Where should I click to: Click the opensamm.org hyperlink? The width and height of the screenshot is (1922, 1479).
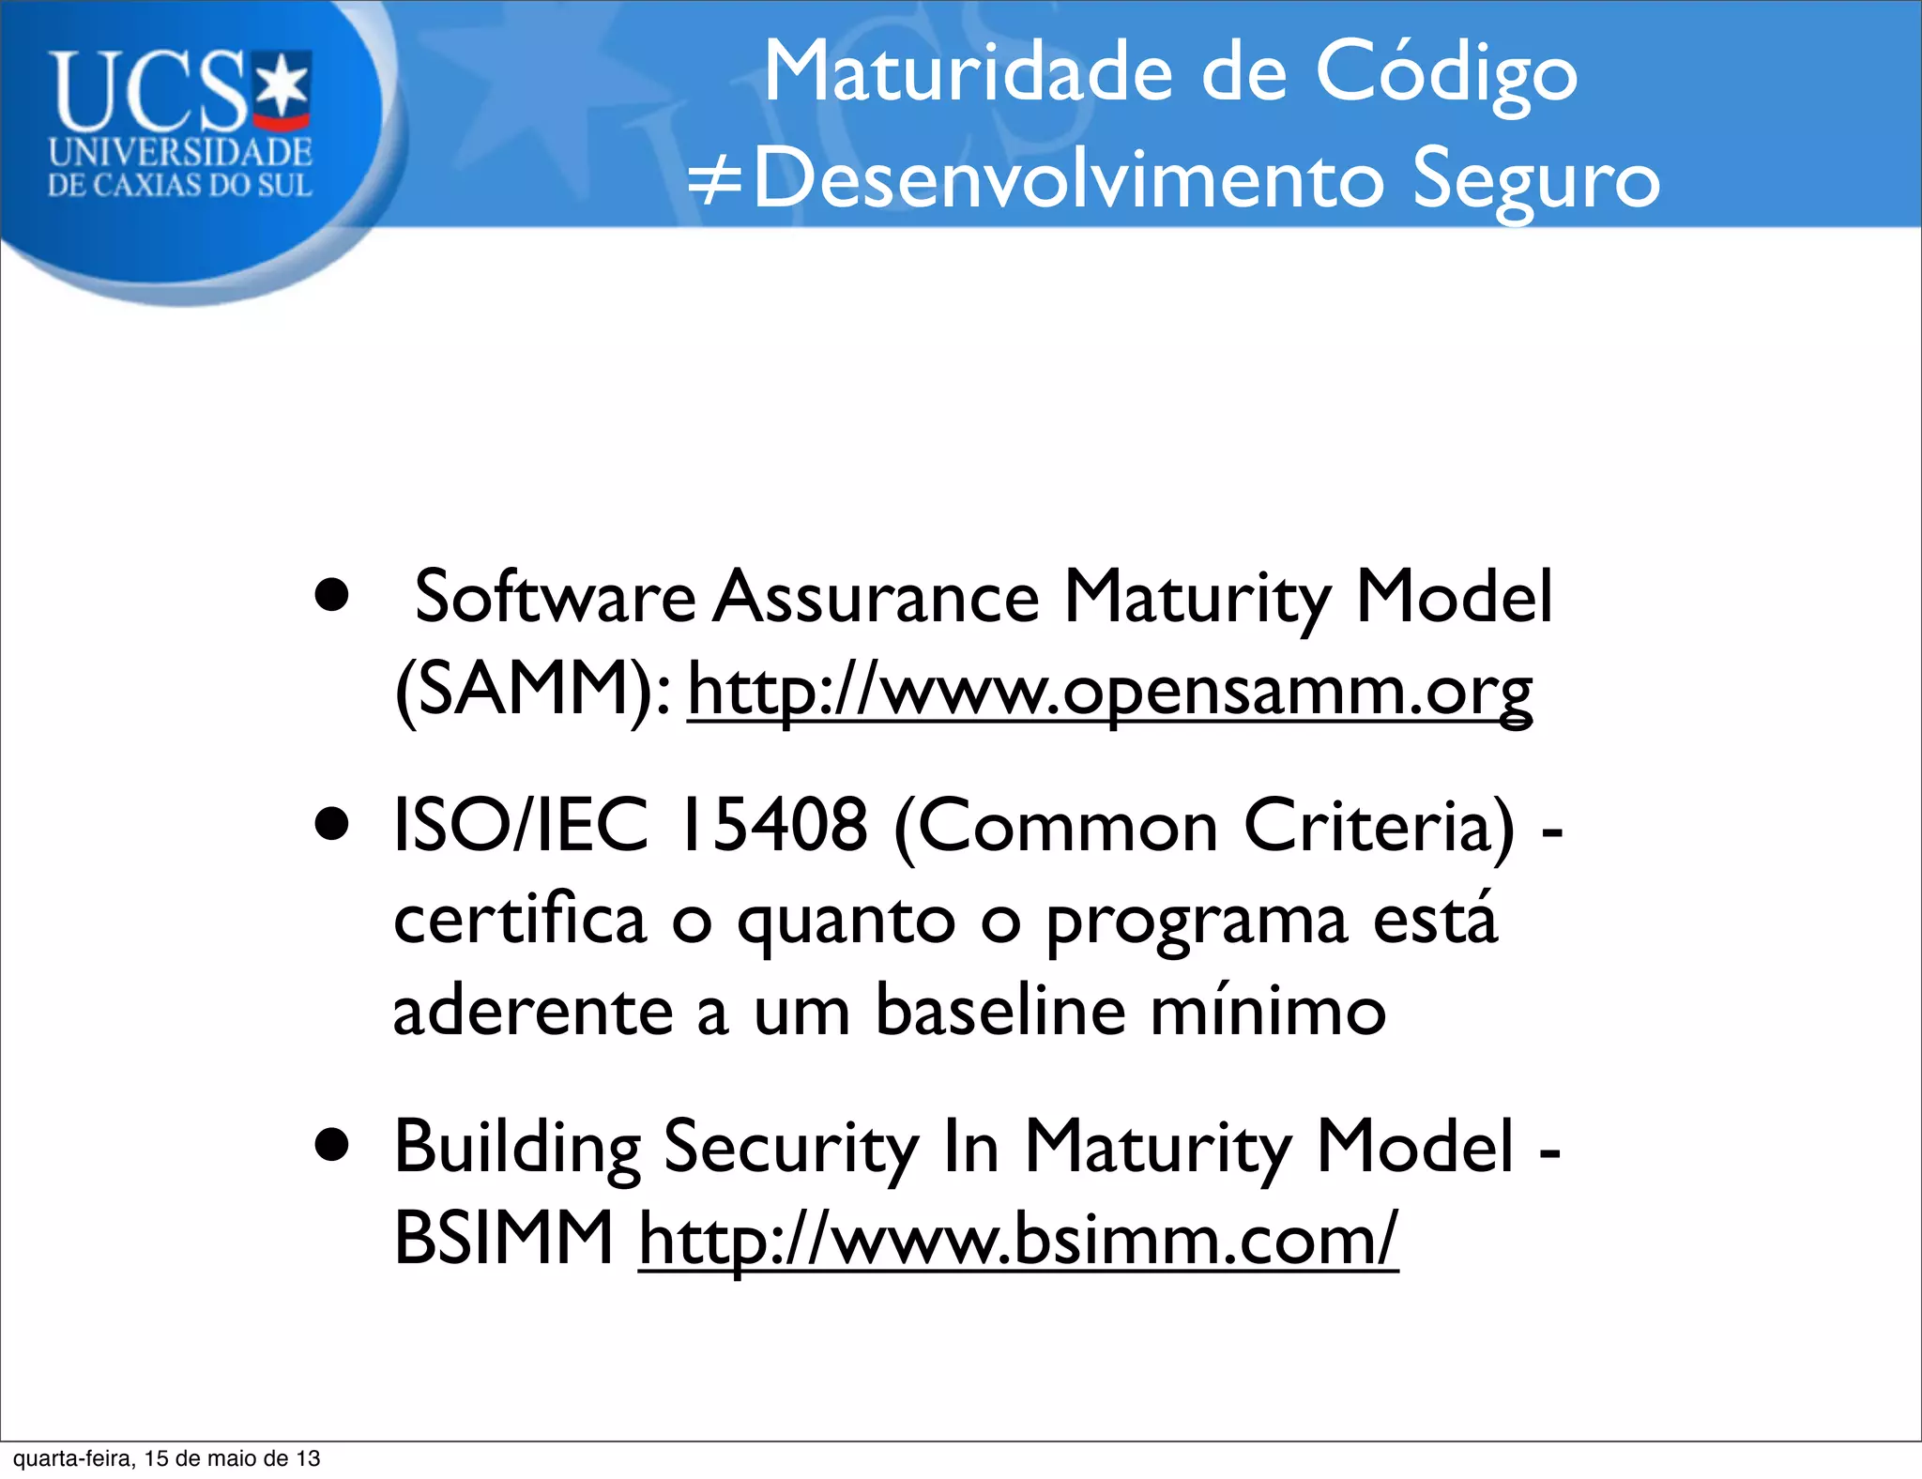click(x=1109, y=691)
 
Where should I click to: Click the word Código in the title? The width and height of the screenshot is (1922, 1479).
click(x=1445, y=73)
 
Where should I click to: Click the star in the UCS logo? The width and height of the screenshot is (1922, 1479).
click(x=283, y=87)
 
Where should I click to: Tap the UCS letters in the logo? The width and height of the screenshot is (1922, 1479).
click(x=150, y=92)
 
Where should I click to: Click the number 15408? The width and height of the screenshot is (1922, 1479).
click(x=772, y=825)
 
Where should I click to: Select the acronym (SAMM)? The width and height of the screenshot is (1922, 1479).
click(x=533, y=689)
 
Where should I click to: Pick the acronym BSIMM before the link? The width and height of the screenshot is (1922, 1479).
click(x=504, y=1239)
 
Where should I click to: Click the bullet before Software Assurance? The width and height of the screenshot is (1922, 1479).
click(x=332, y=595)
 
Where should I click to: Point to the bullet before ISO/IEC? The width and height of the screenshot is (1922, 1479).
click(x=332, y=825)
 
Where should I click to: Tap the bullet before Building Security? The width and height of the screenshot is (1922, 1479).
click(x=332, y=1146)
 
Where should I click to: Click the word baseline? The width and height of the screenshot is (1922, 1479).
click(x=999, y=1011)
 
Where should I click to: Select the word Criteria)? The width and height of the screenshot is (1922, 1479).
click(x=1379, y=825)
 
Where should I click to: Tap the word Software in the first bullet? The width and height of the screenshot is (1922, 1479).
click(x=555, y=597)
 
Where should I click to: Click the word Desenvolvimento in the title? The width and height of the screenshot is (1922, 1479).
click(x=1069, y=178)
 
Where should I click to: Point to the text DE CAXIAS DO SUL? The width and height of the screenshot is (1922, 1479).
click(x=179, y=185)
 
